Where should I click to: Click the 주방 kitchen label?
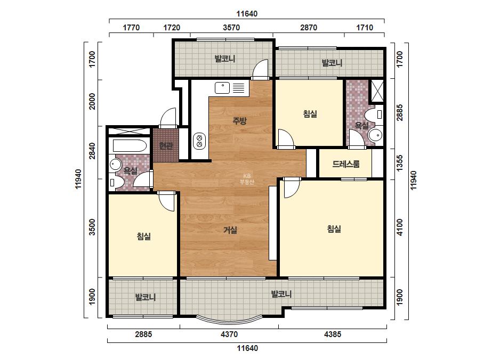click(x=240, y=121)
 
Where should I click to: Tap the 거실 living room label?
click(x=230, y=230)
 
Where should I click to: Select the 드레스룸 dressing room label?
click(x=346, y=164)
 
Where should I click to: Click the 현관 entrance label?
click(x=166, y=146)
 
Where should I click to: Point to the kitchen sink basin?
click(x=222, y=88)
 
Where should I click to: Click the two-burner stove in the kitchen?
click(x=199, y=141)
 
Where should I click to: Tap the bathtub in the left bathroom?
click(x=130, y=146)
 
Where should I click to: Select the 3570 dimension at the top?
click(x=231, y=28)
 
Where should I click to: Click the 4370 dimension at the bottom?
click(x=229, y=334)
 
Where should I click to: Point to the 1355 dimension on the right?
click(x=399, y=163)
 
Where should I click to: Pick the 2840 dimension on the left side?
click(x=92, y=151)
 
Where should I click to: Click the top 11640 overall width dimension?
click(x=247, y=14)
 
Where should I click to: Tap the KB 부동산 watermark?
click(x=247, y=179)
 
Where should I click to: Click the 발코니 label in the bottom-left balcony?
click(x=146, y=297)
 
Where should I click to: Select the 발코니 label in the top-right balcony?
click(x=332, y=63)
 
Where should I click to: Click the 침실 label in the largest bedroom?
click(x=334, y=229)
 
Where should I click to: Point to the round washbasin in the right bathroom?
click(x=375, y=135)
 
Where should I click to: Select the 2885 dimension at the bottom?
click(x=143, y=334)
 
